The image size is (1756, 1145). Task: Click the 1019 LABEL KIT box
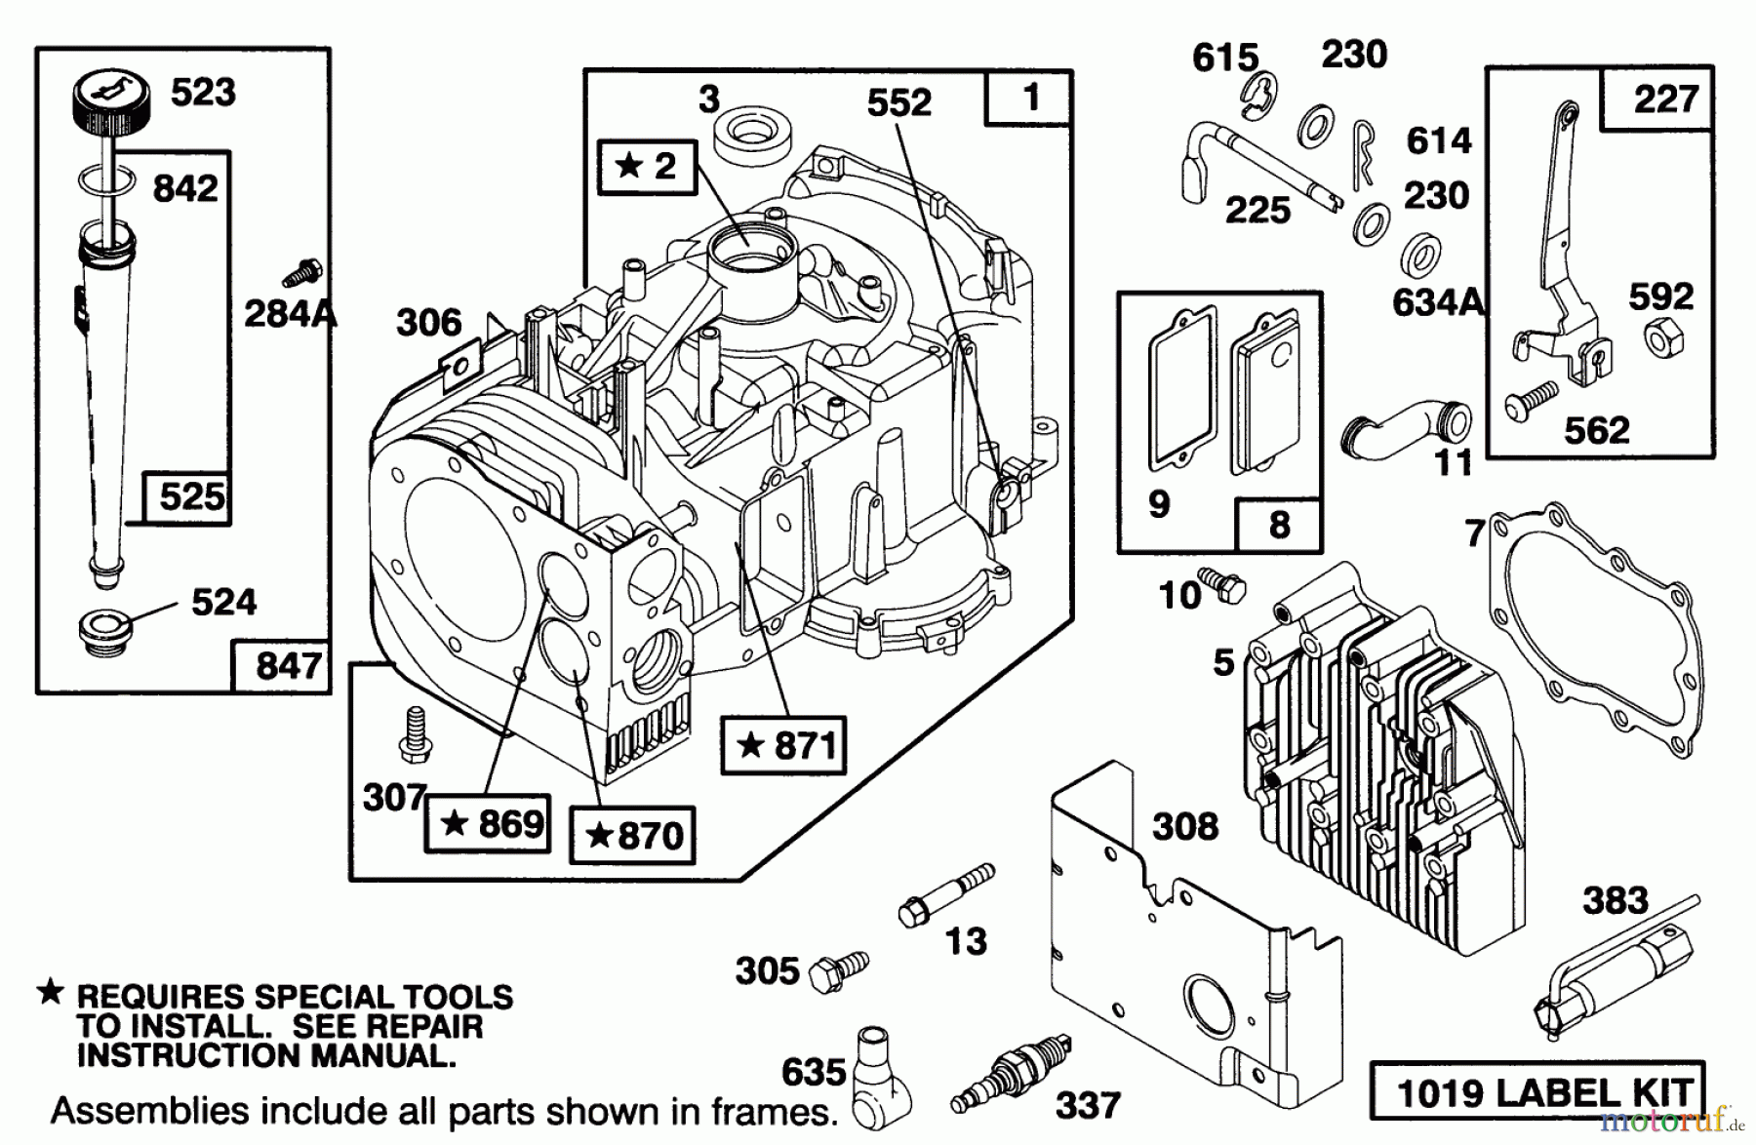(x=1537, y=1090)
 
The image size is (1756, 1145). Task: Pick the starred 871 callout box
(x=782, y=746)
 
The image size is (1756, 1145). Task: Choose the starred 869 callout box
(x=487, y=824)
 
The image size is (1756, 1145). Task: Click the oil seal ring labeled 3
(x=751, y=136)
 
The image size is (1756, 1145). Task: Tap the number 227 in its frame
(x=1665, y=99)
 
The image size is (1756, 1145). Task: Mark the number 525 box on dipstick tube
(x=188, y=497)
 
